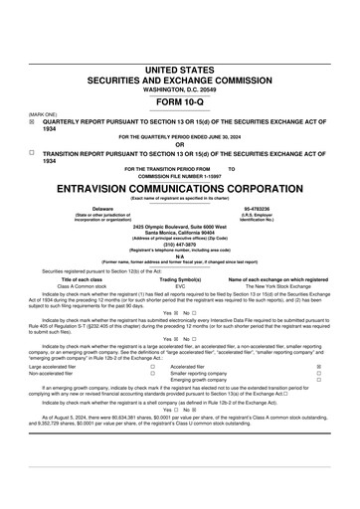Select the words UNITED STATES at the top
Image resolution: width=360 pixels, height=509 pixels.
(180, 69)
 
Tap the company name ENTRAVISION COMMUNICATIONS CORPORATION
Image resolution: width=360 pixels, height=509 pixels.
(180, 187)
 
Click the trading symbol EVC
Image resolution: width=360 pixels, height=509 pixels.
(180, 286)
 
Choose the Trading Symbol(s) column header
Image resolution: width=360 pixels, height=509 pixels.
(181, 280)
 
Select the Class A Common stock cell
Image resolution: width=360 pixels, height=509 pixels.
(89, 286)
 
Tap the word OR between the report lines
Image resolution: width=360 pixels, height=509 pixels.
(180, 144)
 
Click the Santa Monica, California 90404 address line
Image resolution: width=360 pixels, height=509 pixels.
(180, 231)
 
